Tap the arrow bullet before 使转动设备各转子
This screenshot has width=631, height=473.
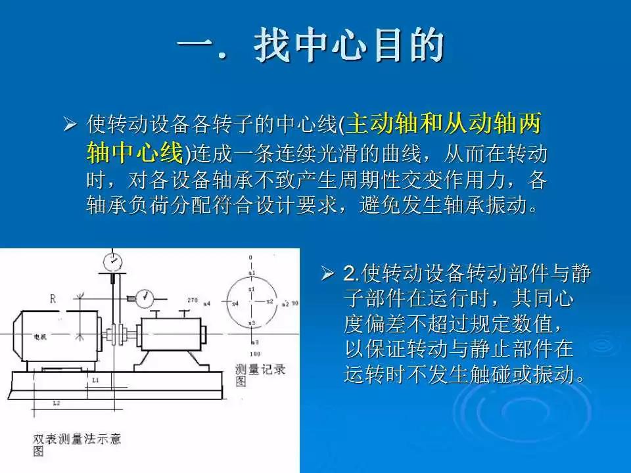(70, 124)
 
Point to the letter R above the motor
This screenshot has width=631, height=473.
(53, 300)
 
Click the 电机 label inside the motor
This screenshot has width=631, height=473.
(41, 336)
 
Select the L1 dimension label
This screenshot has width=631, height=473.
(96, 380)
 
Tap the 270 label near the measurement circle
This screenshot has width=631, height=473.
(192, 300)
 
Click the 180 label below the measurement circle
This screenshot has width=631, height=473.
(252, 354)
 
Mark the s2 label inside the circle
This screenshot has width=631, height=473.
(269, 301)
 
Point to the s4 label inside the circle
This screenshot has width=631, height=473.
(235, 303)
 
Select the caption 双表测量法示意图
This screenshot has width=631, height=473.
(76, 443)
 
